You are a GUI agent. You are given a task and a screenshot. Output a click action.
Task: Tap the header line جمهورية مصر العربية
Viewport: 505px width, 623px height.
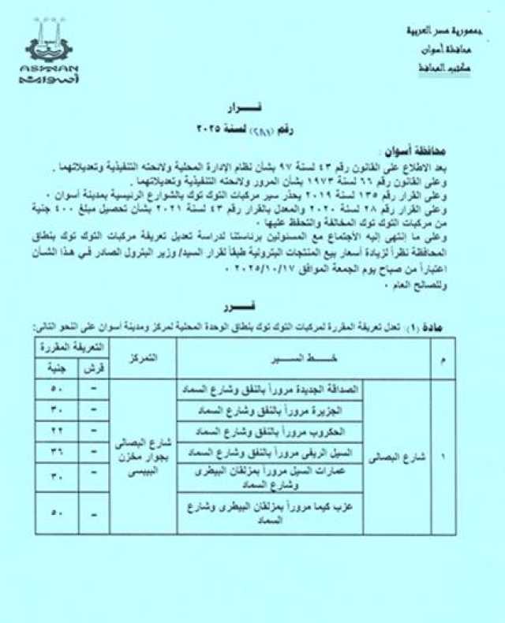[x=433, y=32]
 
